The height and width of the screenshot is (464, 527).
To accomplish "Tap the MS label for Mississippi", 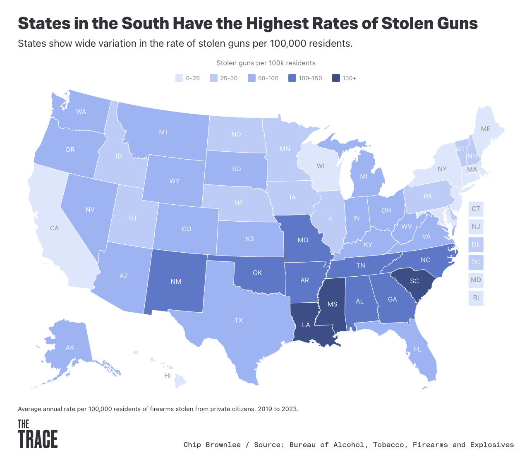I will (x=332, y=304).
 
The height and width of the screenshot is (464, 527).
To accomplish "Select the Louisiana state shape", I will (x=308, y=327).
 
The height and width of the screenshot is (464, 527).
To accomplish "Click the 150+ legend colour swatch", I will (x=336, y=78).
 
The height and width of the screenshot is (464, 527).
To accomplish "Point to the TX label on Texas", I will (x=239, y=320).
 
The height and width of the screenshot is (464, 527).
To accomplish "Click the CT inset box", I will (x=476, y=209).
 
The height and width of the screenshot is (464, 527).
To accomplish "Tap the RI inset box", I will (x=476, y=297).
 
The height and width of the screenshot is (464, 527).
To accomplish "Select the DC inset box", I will (x=476, y=262).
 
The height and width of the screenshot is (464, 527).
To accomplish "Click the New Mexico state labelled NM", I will (x=176, y=281).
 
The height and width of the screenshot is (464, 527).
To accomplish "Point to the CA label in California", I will (x=54, y=228).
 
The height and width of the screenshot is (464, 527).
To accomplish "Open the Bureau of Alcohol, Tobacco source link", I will (x=401, y=445).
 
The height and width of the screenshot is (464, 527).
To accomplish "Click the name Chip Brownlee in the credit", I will (x=212, y=445).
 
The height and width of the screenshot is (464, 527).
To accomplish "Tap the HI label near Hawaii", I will (x=168, y=376).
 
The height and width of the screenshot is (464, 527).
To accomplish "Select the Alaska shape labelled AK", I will (x=70, y=347).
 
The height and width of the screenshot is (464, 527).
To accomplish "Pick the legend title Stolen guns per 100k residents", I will (x=266, y=63).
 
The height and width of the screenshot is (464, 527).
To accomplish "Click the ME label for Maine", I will (x=485, y=129).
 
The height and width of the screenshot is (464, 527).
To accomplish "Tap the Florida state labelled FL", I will (x=417, y=349).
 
